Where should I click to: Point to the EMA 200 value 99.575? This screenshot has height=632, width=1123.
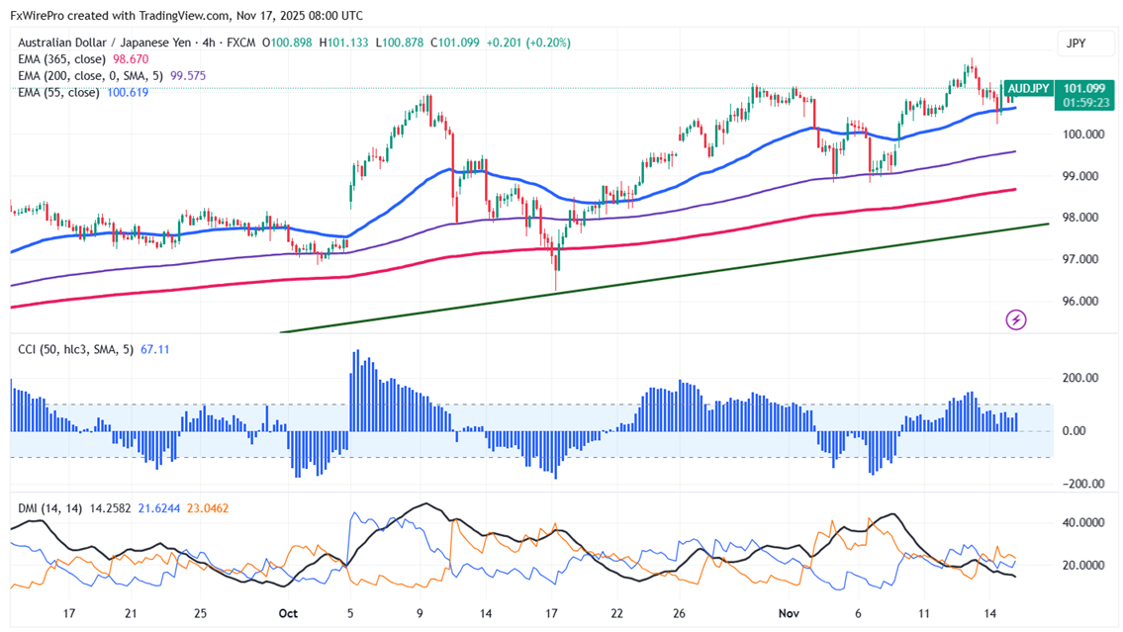coord(187,76)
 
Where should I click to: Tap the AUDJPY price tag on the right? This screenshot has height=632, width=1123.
coord(1028,88)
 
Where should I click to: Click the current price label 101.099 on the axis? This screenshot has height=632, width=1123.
coord(1083,88)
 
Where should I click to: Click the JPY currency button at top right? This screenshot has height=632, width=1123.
coord(1076,44)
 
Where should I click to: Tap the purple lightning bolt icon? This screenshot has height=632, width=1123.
coord(1015,319)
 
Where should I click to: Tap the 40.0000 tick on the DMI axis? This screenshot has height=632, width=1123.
coord(1081,522)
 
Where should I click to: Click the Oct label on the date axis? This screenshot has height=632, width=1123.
coord(288,613)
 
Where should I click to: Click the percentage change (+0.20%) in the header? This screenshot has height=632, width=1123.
coord(548,43)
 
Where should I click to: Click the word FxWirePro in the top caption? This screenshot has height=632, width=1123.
coord(39,16)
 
